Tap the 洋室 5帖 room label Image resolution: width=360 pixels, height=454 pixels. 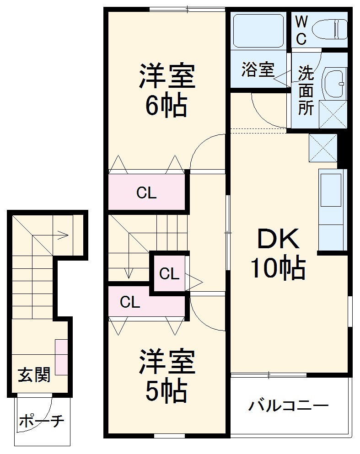pyautogui.click(x=167, y=375)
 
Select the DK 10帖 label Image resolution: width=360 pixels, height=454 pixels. pyautogui.click(x=278, y=254)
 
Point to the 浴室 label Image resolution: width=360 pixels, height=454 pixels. pyautogui.click(x=258, y=69)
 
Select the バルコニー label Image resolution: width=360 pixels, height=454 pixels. pyautogui.click(x=289, y=405)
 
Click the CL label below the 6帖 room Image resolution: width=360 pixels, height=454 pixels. pyautogui.click(x=146, y=193)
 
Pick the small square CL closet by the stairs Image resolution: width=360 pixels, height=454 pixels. pyautogui.click(x=169, y=274)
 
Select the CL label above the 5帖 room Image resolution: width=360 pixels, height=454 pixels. pyautogui.click(x=130, y=302)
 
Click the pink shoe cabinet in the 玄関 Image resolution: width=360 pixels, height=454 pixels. pyautogui.click(x=61, y=357)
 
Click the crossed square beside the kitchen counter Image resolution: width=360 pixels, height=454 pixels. pyautogui.click(x=322, y=147)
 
